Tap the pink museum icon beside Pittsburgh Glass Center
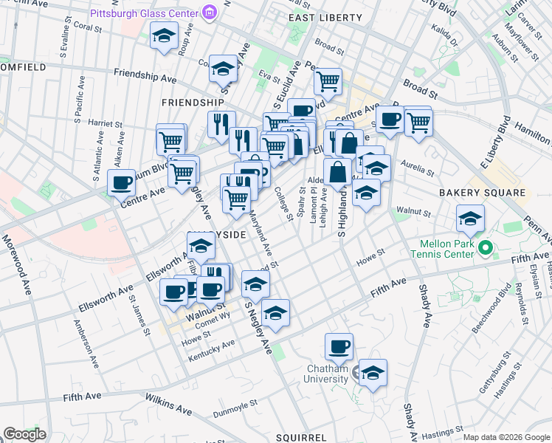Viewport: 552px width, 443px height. (x=210, y=12)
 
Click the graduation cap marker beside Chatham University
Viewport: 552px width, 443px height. (x=373, y=374)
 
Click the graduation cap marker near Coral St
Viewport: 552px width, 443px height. (x=164, y=35)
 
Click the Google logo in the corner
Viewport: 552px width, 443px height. (x=24, y=434)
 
